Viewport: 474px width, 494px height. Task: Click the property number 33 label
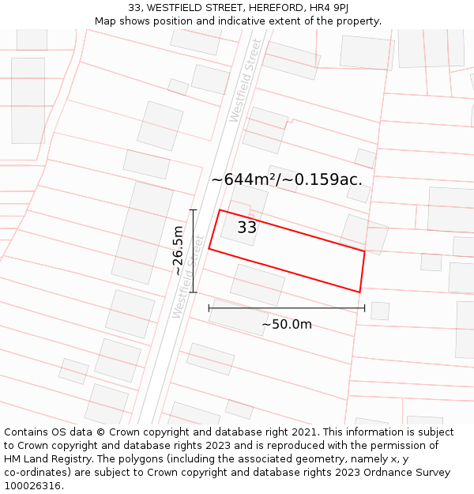coord(247,228)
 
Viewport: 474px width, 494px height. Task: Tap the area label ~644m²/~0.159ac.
coord(287,179)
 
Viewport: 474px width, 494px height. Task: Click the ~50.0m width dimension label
coord(287,324)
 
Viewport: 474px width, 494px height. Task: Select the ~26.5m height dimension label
coord(179,251)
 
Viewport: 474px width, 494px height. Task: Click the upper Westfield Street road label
coord(244,81)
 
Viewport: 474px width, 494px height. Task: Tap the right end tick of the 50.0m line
coord(364,308)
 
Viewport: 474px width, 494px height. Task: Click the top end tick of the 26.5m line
coord(193,210)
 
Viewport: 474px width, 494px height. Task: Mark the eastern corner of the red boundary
coord(364,251)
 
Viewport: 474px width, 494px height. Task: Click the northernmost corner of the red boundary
coord(219,209)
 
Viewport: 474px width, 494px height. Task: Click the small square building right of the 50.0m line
coord(380,311)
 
